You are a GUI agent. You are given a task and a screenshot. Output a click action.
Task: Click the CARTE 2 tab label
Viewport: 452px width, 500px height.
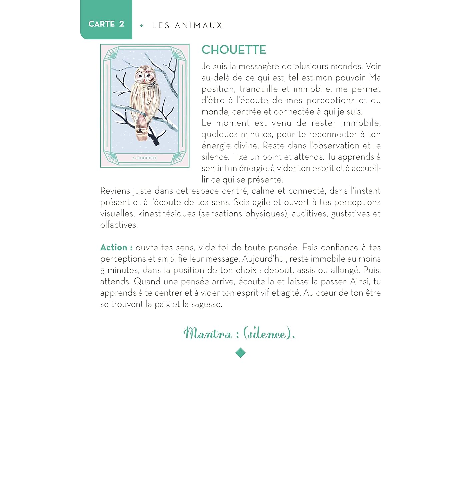point(106,24)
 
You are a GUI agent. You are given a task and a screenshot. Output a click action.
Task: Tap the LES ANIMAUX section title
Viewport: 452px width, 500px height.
point(187,26)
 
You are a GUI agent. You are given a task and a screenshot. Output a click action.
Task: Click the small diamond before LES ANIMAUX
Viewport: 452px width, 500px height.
point(142,26)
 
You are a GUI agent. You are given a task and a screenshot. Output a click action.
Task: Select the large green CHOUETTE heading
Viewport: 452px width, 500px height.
point(234,50)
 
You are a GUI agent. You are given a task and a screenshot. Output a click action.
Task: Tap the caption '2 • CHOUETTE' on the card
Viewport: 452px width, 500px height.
point(145,158)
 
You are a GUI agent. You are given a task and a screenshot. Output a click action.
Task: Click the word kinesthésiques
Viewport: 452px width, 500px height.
point(167,214)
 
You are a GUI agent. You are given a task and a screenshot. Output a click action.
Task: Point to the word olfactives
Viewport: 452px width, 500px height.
point(119,225)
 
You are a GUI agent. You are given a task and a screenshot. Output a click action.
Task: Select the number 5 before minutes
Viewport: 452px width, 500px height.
point(102,271)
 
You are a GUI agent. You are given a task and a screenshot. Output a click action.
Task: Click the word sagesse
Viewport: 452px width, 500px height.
point(206,304)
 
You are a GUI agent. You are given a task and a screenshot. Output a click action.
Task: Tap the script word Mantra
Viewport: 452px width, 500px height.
point(208,334)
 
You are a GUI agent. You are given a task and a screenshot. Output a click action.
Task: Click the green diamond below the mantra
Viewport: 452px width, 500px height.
point(240,353)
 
